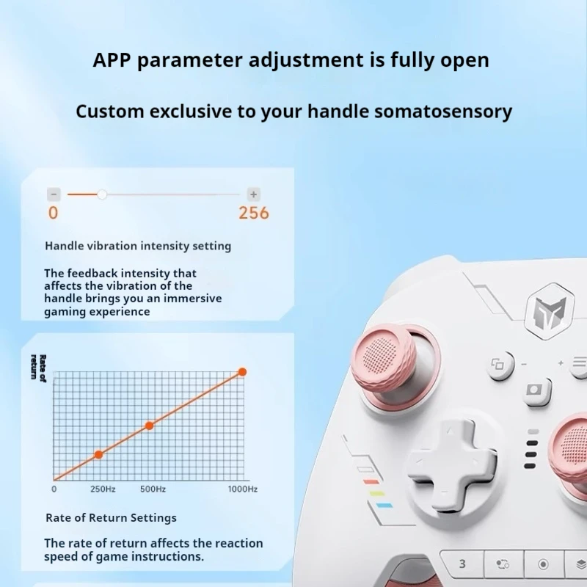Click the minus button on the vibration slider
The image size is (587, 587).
(54, 194)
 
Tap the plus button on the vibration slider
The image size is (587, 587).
(253, 194)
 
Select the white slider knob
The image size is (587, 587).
(102, 194)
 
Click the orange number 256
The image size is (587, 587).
(254, 214)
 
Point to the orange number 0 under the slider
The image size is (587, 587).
(53, 214)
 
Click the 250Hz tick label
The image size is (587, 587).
(103, 489)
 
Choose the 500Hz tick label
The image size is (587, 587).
(153, 489)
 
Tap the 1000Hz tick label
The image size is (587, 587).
(242, 489)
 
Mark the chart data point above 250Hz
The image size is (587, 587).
(98, 455)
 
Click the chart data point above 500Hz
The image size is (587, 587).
(149, 426)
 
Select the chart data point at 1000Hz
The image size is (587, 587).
(242, 372)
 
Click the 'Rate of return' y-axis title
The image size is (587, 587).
(38, 367)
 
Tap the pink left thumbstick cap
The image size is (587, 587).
(383, 361)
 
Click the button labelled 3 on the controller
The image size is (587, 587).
(462, 564)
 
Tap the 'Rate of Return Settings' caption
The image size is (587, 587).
(111, 518)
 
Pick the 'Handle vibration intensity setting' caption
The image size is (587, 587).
(138, 246)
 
